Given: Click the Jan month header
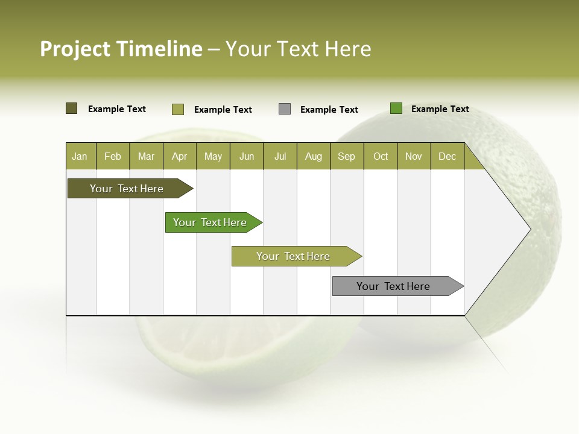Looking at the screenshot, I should click(80, 156).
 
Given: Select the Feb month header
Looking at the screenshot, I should click(113, 156).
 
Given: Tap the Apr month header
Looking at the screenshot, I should click(180, 156).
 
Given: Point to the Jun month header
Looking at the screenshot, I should click(247, 156).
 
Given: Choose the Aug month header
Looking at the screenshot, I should click(314, 156).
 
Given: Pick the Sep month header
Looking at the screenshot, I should click(347, 156).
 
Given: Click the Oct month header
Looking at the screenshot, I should click(381, 156).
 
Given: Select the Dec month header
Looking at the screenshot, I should click(448, 156).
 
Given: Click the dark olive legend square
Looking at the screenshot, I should click(72, 108).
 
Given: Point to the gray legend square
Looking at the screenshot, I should click(285, 109).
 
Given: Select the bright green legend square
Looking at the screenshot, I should click(396, 108).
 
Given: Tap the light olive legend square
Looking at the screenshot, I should click(178, 109).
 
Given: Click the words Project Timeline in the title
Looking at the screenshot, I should click(121, 49).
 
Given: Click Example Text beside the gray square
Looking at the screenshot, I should click(329, 110).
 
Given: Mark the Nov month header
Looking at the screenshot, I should click(414, 156).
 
